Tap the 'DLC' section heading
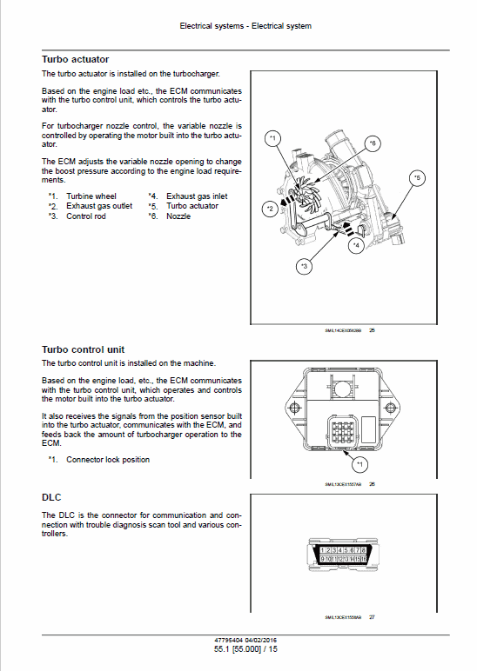point(52,498)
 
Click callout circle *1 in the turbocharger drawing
point(272,139)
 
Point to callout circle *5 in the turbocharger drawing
point(416,177)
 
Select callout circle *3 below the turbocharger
point(303,266)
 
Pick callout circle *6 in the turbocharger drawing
point(372,143)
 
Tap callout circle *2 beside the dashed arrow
point(271,209)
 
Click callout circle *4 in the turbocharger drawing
point(355,246)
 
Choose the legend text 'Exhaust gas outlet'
point(99,206)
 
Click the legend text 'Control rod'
point(86,216)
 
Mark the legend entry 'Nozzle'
point(178,216)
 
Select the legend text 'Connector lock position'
point(108,460)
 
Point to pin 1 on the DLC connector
point(324,551)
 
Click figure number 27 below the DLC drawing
point(372,617)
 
